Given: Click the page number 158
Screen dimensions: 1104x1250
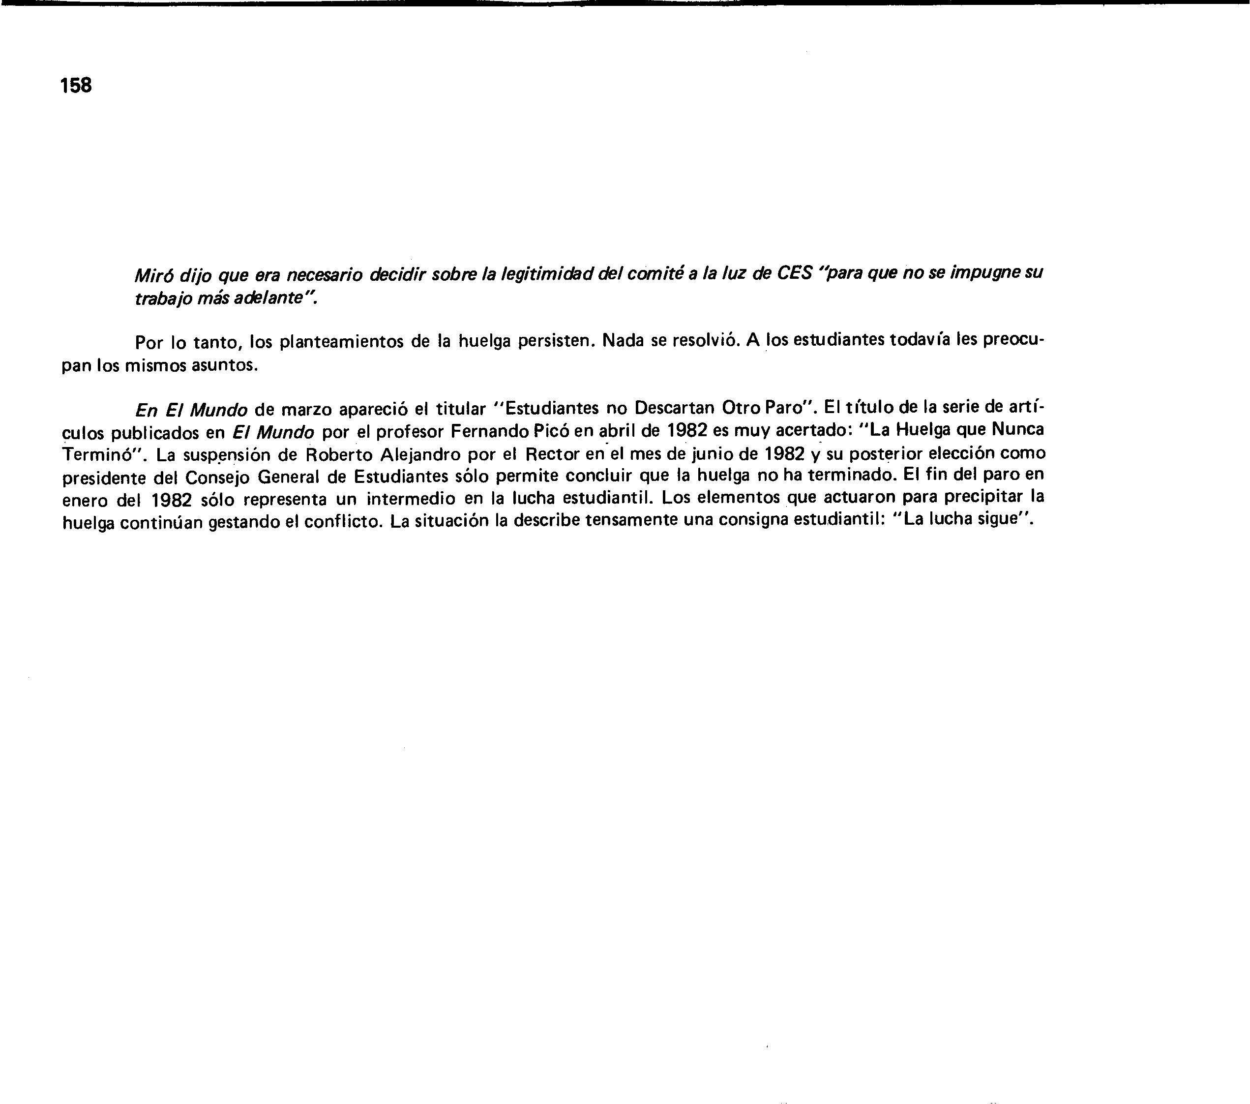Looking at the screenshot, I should coord(76,86).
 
